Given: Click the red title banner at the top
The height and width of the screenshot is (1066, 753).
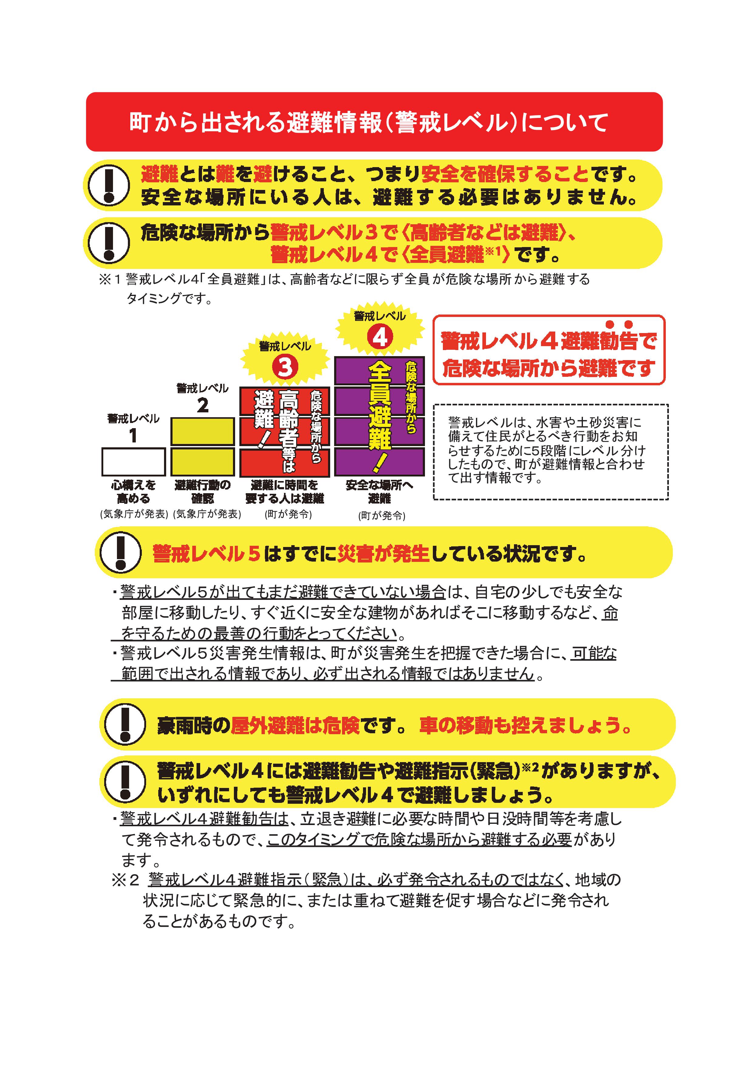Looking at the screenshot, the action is (x=374, y=122).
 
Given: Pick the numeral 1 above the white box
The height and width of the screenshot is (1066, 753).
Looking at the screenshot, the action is (x=133, y=435).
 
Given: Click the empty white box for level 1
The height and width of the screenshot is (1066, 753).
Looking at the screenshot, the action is (x=134, y=462).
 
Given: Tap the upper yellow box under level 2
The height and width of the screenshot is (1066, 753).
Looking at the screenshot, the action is (x=203, y=431).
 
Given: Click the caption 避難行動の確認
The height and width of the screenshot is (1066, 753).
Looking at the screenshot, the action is (x=203, y=492).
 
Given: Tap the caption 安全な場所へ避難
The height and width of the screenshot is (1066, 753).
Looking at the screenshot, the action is (x=379, y=492).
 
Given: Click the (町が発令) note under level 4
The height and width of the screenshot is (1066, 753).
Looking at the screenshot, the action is (x=382, y=516).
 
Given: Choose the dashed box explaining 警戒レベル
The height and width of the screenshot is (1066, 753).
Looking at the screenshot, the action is (x=551, y=452).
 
